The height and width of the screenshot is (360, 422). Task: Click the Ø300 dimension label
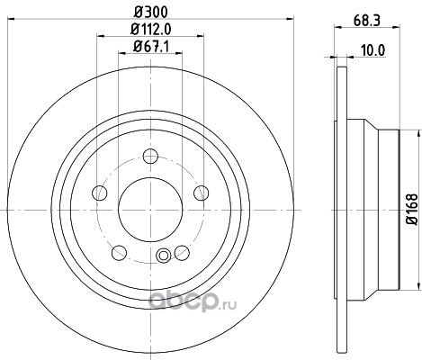pyautogui.click(x=150, y=13)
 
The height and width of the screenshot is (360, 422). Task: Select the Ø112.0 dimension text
pyautogui.click(x=151, y=30)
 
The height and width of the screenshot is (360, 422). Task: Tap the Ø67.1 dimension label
pyautogui.click(x=151, y=47)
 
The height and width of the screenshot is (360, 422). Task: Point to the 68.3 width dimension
pyautogui.click(x=367, y=21)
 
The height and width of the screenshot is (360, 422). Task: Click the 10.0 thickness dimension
pyautogui.click(x=373, y=50)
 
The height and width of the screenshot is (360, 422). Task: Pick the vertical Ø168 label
pyautogui.click(x=412, y=210)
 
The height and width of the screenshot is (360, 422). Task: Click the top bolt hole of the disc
pyautogui.click(x=150, y=157)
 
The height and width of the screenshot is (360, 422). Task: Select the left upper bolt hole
pyautogui.click(x=100, y=193)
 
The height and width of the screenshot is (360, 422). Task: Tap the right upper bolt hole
pyautogui.click(x=202, y=193)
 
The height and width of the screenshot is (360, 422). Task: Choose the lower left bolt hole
pyautogui.click(x=119, y=253)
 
